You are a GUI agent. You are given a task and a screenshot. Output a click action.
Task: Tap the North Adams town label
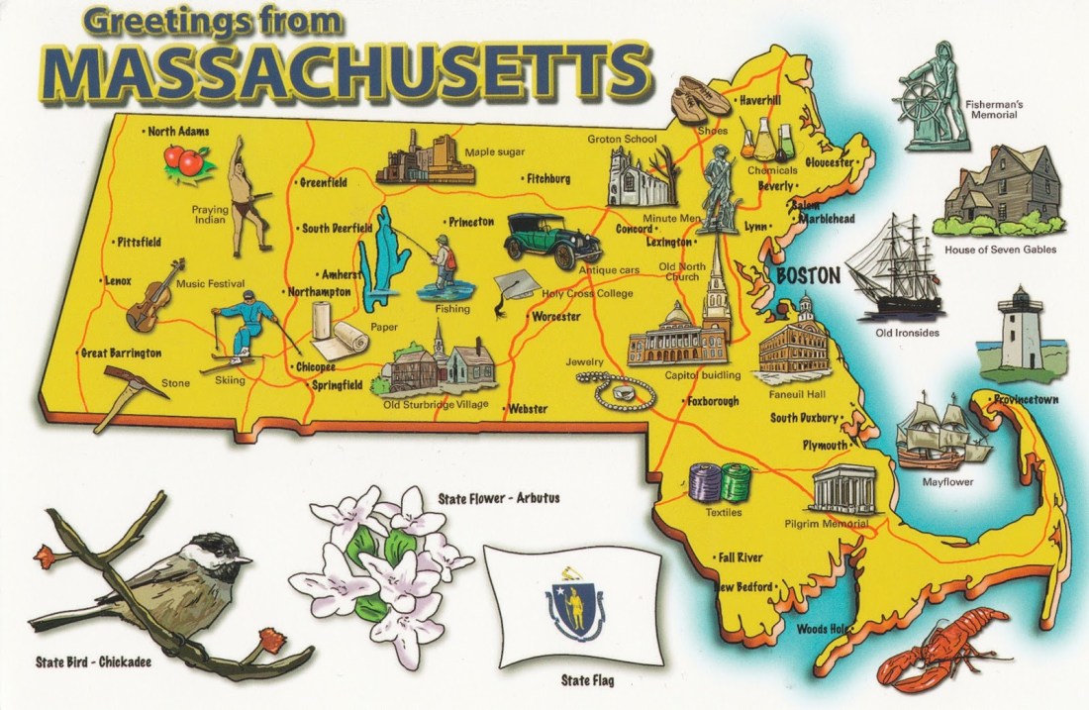tap(179, 131)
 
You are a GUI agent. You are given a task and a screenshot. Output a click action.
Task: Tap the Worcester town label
tap(555, 317)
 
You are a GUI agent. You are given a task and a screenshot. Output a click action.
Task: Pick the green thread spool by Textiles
tap(736, 483)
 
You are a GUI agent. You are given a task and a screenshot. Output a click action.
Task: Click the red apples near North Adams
tap(187, 159)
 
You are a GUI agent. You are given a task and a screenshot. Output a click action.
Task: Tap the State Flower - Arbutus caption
tap(498, 498)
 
